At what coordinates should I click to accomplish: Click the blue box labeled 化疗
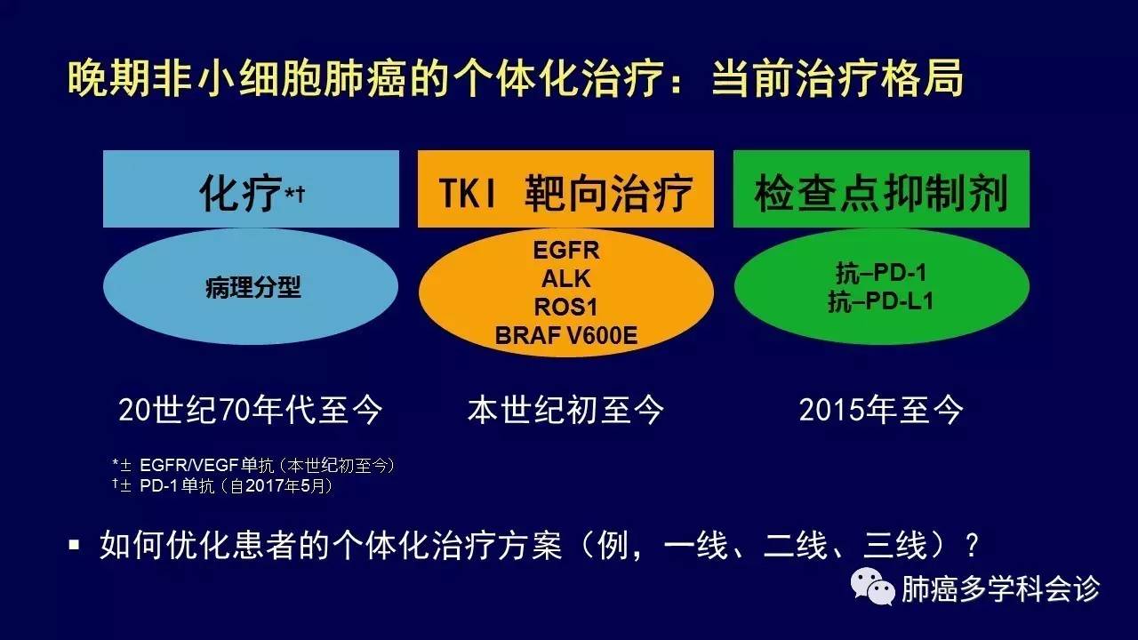(x=251, y=188)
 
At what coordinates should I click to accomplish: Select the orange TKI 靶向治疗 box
(x=565, y=188)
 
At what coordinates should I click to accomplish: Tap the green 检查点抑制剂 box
(x=881, y=188)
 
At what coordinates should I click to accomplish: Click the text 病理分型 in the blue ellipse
(x=253, y=287)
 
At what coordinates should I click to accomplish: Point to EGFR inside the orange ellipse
(x=566, y=250)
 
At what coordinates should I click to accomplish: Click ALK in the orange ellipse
(x=566, y=278)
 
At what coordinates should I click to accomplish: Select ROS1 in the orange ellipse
(x=566, y=307)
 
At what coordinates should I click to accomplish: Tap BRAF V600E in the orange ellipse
(x=566, y=335)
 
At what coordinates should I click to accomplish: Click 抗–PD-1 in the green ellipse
(x=881, y=273)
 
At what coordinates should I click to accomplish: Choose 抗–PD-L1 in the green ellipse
(x=881, y=301)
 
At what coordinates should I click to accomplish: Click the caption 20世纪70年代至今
(x=250, y=410)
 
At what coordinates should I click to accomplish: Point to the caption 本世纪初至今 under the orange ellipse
(x=565, y=410)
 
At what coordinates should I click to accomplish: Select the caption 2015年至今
(x=881, y=410)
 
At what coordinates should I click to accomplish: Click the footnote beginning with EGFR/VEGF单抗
(x=253, y=465)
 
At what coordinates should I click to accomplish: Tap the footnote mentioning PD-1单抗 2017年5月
(x=223, y=486)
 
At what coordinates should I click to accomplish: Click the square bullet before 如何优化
(x=74, y=546)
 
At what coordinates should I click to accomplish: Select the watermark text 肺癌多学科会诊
(x=1000, y=588)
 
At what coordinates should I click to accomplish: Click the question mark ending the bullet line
(x=973, y=546)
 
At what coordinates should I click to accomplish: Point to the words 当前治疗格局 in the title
(x=837, y=77)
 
